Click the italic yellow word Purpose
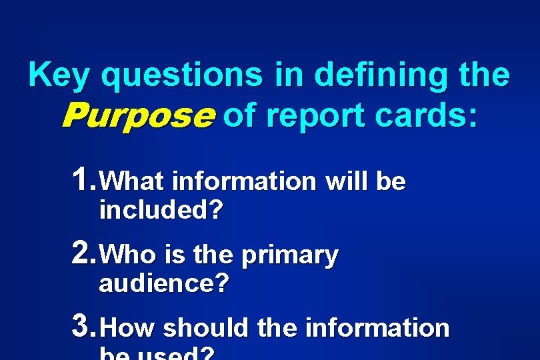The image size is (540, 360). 138,117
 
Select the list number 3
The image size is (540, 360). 84,326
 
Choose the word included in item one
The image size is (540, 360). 160,211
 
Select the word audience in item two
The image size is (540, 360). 163,284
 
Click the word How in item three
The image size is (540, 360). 130,328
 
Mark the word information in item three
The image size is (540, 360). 377,327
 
